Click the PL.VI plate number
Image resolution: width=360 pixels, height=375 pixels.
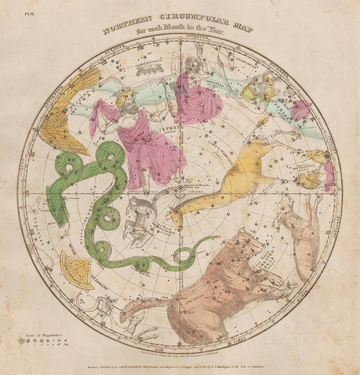coord(26,4)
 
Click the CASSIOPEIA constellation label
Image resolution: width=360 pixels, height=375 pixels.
coord(214,81)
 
